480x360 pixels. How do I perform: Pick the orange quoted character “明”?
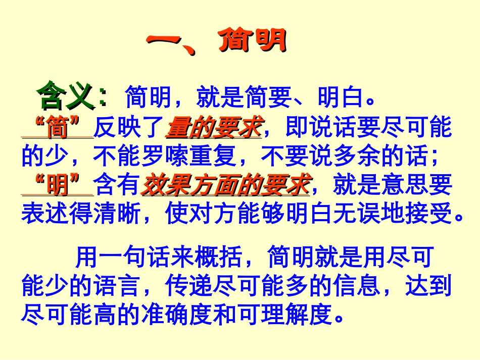[x=58, y=186]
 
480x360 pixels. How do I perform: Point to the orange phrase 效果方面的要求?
[x=225, y=186]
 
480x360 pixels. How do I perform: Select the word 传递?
[x=189, y=286]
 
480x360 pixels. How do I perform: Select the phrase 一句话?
[x=129, y=258]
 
